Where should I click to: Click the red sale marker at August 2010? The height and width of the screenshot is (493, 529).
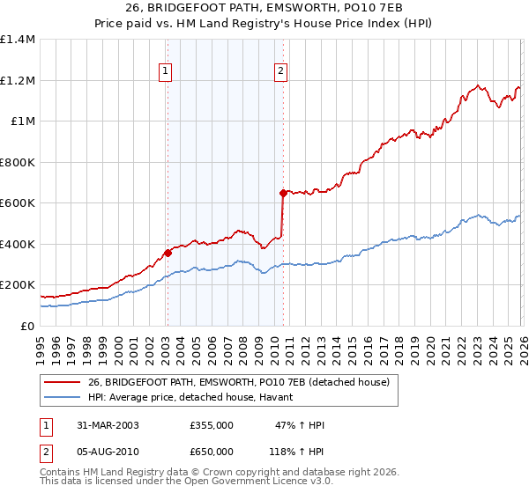point(283,193)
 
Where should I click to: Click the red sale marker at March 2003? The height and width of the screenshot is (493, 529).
point(168,254)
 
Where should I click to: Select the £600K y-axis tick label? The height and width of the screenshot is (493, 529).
point(18,202)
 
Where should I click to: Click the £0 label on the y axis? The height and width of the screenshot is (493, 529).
point(26,326)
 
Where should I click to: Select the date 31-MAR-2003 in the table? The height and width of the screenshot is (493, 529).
point(107,425)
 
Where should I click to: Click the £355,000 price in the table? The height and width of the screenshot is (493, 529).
point(212,425)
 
